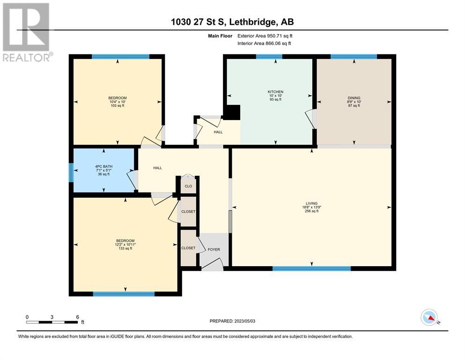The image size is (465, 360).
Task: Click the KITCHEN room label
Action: pyautogui.click(x=275, y=92)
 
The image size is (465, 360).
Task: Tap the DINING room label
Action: pyautogui.click(x=354, y=98)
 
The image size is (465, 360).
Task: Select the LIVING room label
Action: pyautogui.click(x=312, y=203)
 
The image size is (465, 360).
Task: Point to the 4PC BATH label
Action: pyautogui.click(x=104, y=166)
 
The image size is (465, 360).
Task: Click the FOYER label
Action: pyautogui.click(x=214, y=249)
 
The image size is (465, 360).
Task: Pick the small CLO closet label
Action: pyautogui.click(x=188, y=187)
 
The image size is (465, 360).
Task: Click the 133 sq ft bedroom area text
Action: pyautogui.click(x=125, y=248)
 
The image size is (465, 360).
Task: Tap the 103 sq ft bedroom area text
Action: pyautogui.click(x=118, y=105)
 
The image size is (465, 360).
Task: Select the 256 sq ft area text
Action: pyautogui.click(x=312, y=211)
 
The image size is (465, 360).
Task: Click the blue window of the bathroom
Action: pyautogui.click(x=71, y=172)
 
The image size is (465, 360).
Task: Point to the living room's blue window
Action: pyautogui.click(x=311, y=269)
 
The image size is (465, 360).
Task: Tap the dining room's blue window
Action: pyautogui.click(x=354, y=57)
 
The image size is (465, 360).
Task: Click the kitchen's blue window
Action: pyautogui.click(x=269, y=57)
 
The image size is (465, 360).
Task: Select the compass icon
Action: pyautogui.click(x=429, y=317)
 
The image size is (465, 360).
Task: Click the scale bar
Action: pyautogui.click(x=52, y=322)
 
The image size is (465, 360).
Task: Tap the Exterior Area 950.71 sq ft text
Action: pyautogui.click(x=265, y=36)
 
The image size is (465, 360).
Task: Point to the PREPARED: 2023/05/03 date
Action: pyautogui.click(x=232, y=321)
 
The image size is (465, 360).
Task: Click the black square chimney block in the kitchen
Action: pyautogui.click(x=232, y=112)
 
